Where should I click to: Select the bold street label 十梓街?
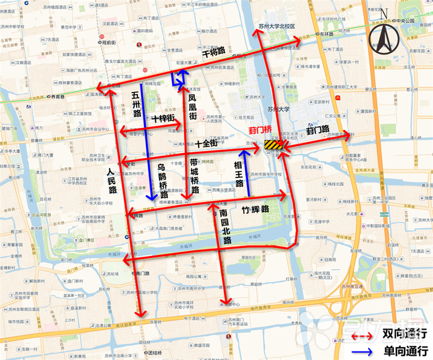tap(162, 118)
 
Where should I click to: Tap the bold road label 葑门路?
tap(320, 131)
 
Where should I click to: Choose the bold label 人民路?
tap(112, 181)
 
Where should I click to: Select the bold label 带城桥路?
tap(194, 176)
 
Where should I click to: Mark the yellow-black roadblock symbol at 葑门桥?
tap(273, 145)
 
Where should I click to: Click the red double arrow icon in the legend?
tap(362, 335)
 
